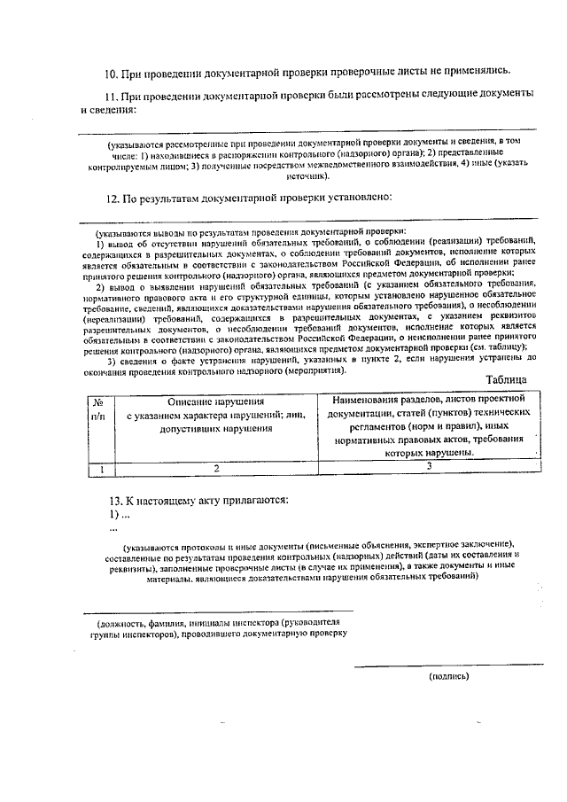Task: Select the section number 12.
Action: (113, 198)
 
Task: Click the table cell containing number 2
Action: (216, 467)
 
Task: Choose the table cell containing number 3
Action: (429, 466)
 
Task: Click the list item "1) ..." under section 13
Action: (119, 515)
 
